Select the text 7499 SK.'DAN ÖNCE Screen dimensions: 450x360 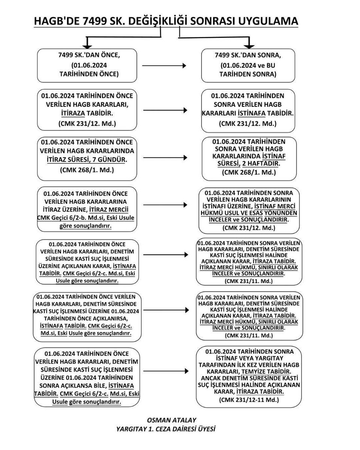[x=89, y=55]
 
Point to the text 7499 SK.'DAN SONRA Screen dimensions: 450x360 [x=248, y=55]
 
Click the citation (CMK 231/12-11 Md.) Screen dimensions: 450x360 [x=249, y=400]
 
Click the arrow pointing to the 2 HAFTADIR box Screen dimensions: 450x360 [x=165, y=158]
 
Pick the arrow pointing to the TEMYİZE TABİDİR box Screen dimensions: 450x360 [x=165, y=372]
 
